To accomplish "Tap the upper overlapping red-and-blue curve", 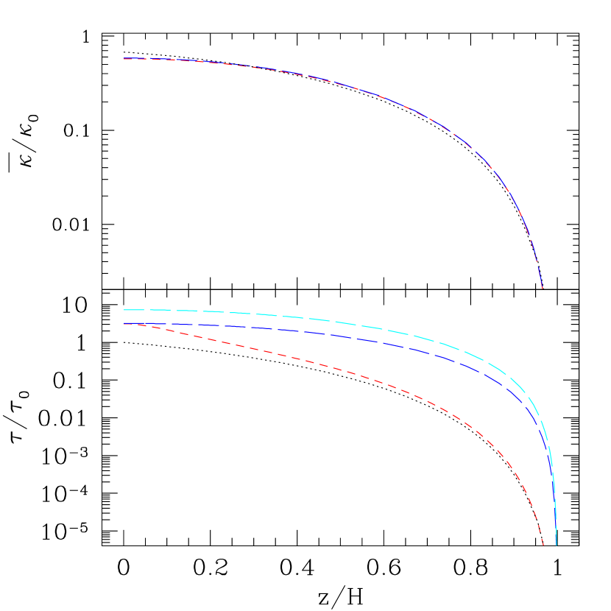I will (368, 93).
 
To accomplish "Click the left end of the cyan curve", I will (124, 310).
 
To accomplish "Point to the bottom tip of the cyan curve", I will (556, 545).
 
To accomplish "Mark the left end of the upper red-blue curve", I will (124, 58).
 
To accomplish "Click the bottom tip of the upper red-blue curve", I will (543, 289).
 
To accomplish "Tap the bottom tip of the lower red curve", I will (543, 545).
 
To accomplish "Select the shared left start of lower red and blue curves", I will (124, 324).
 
